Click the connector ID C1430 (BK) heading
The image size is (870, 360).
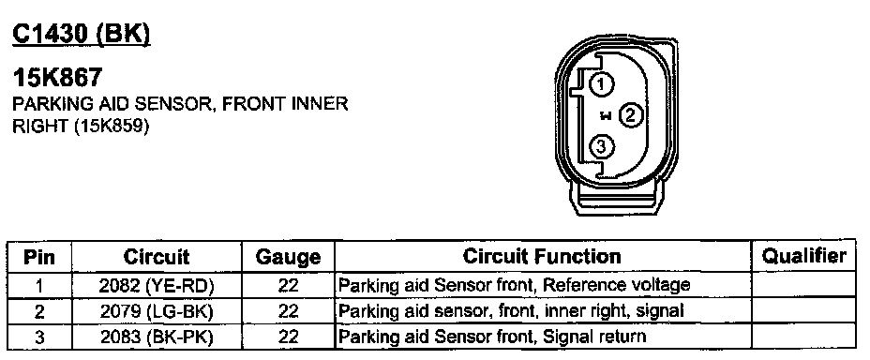click(81, 35)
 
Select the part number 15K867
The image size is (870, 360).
click(58, 77)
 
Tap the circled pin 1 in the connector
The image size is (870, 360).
click(601, 84)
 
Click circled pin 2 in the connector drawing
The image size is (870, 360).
click(630, 115)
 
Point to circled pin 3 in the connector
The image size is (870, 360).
click(601, 147)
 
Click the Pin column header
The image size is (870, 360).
click(39, 257)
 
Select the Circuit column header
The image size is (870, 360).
click(157, 257)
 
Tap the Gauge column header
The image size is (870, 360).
click(288, 258)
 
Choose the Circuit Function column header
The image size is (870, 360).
click(542, 256)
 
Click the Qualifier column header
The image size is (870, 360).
click(804, 256)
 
